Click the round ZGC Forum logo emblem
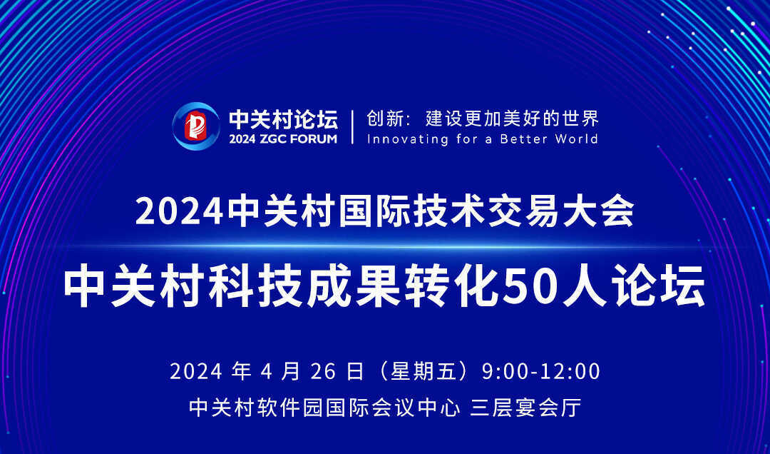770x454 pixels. [196, 126]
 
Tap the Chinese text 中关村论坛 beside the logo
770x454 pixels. [283, 118]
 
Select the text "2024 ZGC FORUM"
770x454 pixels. [283, 138]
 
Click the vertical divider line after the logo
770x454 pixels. [352, 127]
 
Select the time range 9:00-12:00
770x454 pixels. [541, 371]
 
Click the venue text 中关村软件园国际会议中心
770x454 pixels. [324, 408]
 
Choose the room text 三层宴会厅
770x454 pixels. [525, 408]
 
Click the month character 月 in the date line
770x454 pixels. [291, 371]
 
